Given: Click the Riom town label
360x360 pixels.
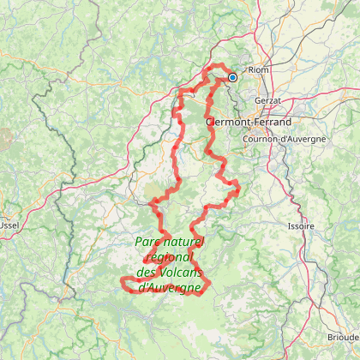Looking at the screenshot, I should [x=258, y=70].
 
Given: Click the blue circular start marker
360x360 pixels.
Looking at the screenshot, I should [x=232, y=77].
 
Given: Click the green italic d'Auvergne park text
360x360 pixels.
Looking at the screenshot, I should [x=170, y=286].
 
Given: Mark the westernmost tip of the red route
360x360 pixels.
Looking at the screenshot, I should [x=121, y=281].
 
